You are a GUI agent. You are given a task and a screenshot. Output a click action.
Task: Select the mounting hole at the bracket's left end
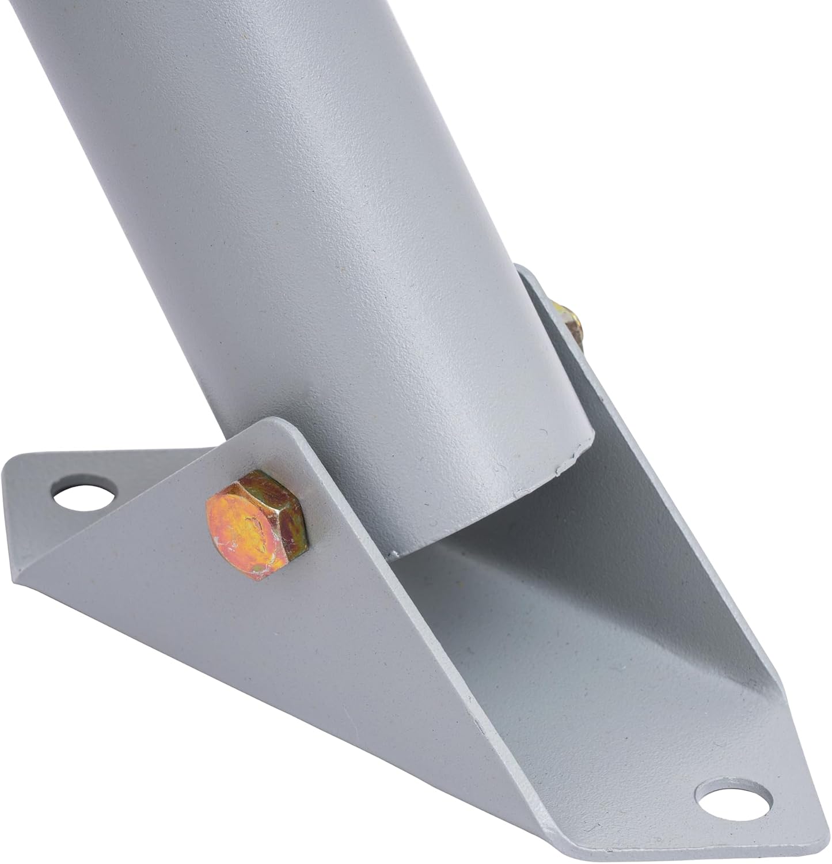[x=85, y=491]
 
